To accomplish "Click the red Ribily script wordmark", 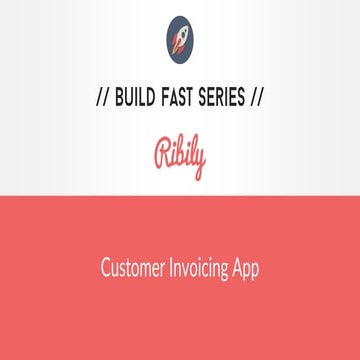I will (x=180, y=159).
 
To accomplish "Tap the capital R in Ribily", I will (x=160, y=157).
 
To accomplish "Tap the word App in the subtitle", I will (x=247, y=270).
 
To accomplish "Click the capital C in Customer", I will (x=105, y=269).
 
